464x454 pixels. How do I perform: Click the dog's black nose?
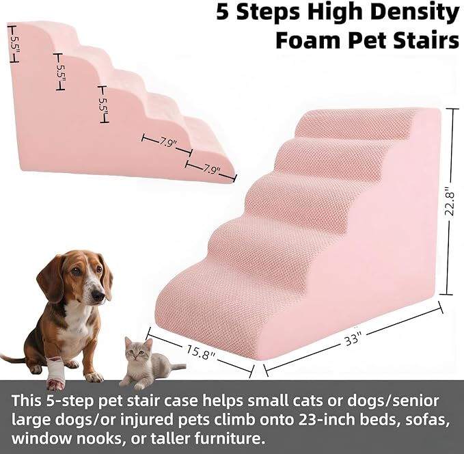pyautogui.click(x=98, y=296)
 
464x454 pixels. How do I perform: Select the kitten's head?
pyautogui.click(x=139, y=350)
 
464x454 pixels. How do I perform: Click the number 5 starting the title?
pyautogui.click(x=223, y=12)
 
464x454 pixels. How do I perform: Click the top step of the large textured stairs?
pyautogui.click(x=355, y=123)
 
